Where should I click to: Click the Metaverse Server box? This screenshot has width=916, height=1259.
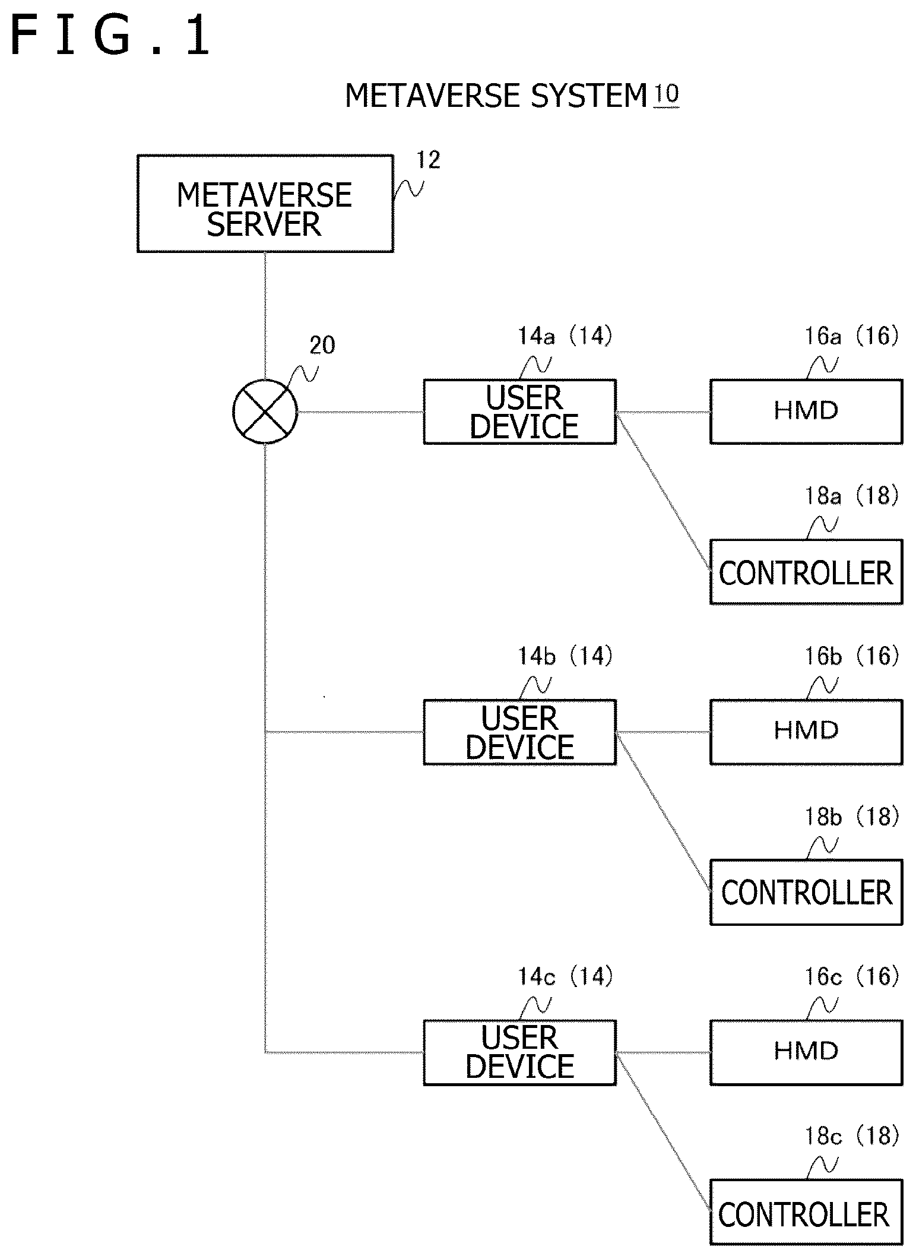(x=265, y=204)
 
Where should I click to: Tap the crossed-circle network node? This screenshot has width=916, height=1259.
(x=265, y=412)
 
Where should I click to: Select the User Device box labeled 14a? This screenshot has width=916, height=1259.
(x=520, y=412)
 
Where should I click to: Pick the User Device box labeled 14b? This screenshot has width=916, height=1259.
(x=520, y=732)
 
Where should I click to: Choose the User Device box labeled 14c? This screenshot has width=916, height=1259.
(x=520, y=1052)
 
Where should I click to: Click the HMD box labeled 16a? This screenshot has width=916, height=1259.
(x=806, y=412)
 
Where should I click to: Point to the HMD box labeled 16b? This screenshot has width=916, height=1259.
(x=806, y=732)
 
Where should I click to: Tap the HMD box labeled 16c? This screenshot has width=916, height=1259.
(x=806, y=1052)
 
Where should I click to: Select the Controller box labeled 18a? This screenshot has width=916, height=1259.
(x=806, y=572)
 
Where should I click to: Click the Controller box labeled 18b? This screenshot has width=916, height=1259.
(x=806, y=892)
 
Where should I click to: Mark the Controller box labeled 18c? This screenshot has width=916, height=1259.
(x=806, y=1212)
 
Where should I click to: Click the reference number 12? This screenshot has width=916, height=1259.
(x=428, y=160)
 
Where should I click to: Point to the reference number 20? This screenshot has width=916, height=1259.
(x=322, y=345)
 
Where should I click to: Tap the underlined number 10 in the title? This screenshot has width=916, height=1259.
(x=666, y=94)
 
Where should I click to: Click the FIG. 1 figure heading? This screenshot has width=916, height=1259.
(x=110, y=36)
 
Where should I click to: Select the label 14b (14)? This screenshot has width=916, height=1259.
(x=565, y=656)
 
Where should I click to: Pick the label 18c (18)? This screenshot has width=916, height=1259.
(x=852, y=1136)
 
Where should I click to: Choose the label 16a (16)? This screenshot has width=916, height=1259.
(x=852, y=336)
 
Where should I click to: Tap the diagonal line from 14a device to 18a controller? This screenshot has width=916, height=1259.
(x=664, y=492)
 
